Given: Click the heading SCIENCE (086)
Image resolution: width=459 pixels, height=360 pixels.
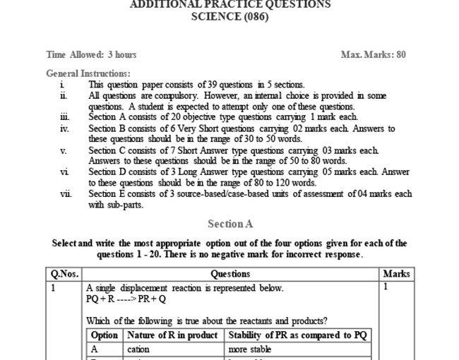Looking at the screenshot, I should click(230, 18).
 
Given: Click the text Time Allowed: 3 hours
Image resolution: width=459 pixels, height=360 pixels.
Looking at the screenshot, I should click(91, 54).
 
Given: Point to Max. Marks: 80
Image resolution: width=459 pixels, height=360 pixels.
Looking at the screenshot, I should click(373, 54).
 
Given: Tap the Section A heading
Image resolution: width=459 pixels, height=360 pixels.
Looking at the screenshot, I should click(229, 224).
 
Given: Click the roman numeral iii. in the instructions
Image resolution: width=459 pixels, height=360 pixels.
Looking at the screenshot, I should click(64, 117).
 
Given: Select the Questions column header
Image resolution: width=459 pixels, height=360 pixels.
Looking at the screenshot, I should click(230, 274).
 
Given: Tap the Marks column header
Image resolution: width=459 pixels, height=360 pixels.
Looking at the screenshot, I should click(396, 274).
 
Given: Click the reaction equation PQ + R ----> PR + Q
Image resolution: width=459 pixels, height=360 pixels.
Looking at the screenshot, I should click(124, 299).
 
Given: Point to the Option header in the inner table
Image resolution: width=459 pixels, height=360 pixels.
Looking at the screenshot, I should click(105, 335).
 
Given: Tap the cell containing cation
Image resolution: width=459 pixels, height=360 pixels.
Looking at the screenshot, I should click(138, 349).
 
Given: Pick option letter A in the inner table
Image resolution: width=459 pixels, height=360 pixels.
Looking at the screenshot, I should click(94, 349).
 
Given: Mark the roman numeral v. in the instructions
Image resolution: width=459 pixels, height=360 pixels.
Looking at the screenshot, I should click(64, 150).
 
